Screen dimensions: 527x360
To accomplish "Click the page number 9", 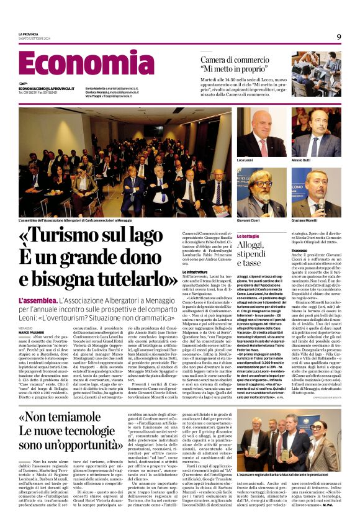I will [x=339, y=37].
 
